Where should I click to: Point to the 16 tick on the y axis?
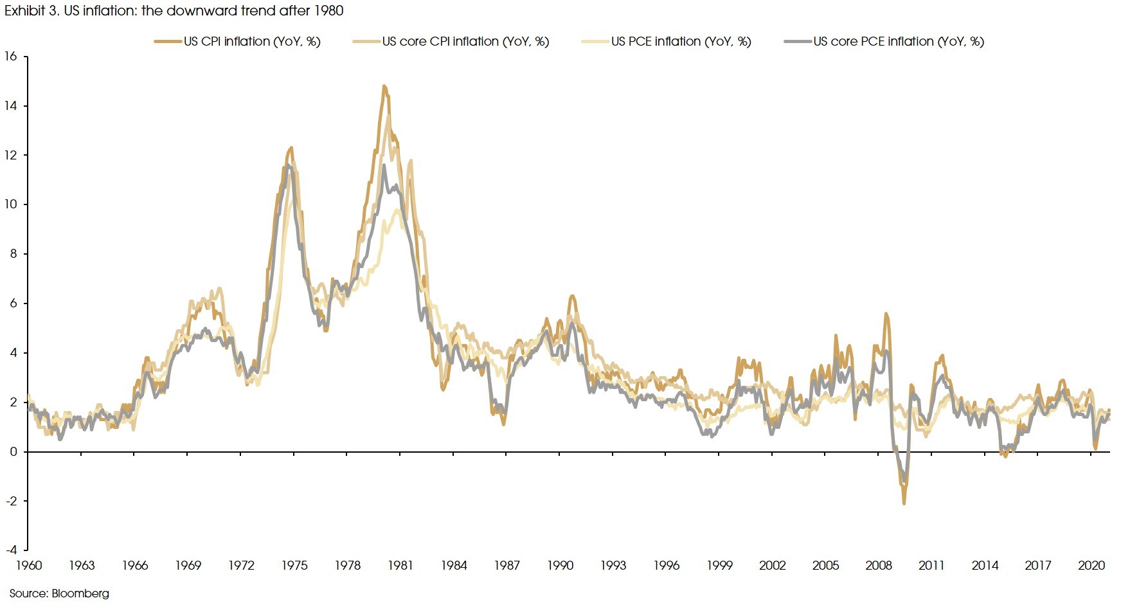[x=10, y=57]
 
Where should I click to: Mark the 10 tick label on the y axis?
[x=10, y=204]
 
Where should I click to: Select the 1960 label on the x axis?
[x=28, y=566]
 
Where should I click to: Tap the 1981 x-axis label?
[x=400, y=566]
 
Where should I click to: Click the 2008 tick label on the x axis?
[x=879, y=566]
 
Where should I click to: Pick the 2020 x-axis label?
[x=1091, y=566]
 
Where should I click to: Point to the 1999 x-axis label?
[x=719, y=566]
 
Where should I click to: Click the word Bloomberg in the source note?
[x=80, y=593]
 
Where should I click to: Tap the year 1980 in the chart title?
[x=328, y=11]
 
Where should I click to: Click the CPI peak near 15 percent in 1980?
[x=384, y=86]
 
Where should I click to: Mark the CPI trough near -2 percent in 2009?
[x=904, y=503]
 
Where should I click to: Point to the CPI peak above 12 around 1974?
[x=291, y=148]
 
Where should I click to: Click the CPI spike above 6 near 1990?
[x=572, y=296]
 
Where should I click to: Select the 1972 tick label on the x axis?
[x=241, y=566]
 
